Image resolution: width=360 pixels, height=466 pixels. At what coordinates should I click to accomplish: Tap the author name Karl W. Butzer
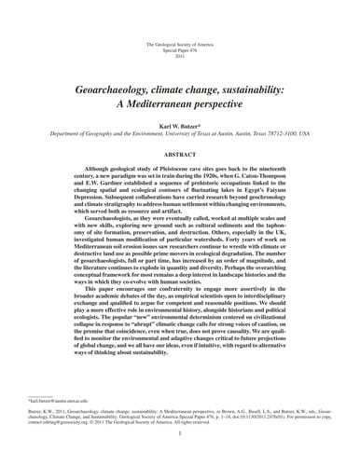(x=181, y=122)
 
